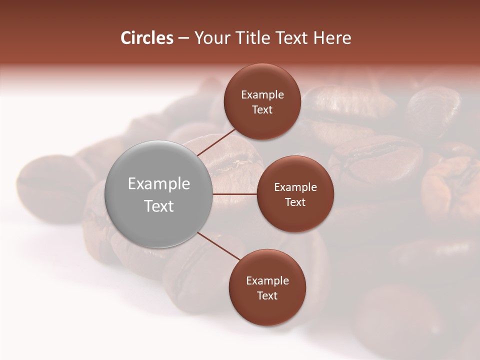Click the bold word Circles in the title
[x=147, y=38]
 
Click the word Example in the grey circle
[x=159, y=184]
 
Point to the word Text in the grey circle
[x=159, y=206]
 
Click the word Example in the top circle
[x=262, y=95]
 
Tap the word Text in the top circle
[x=262, y=110]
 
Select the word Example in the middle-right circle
[x=295, y=187]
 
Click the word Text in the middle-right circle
[x=295, y=202]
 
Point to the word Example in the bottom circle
[x=267, y=281]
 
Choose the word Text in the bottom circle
[x=267, y=296]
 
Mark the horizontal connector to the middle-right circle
[x=235, y=194]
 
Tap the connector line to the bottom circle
[x=220, y=246]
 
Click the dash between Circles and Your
[x=183, y=38]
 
